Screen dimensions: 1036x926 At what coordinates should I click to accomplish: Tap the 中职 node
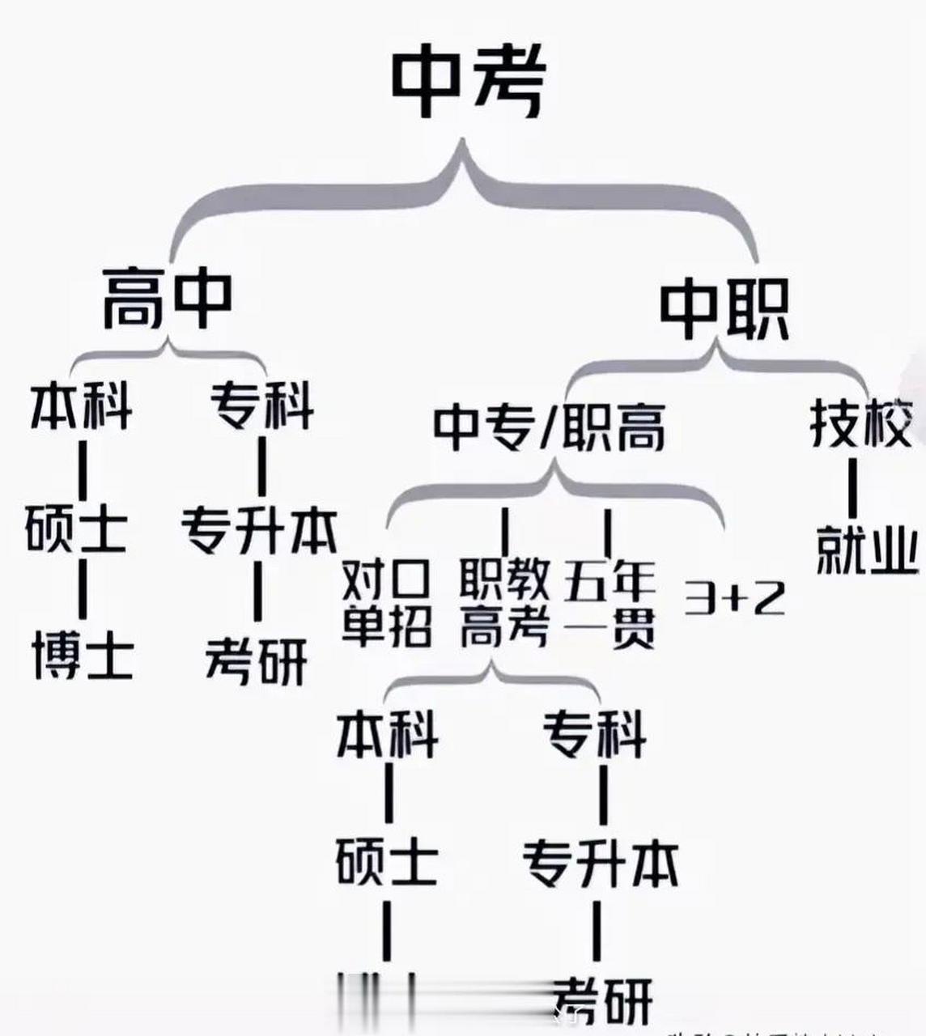click(x=723, y=311)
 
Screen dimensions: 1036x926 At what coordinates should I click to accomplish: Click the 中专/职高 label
click(x=549, y=427)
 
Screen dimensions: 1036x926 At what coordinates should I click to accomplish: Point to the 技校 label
click(x=861, y=422)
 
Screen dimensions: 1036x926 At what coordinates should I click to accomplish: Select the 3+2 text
click(x=734, y=599)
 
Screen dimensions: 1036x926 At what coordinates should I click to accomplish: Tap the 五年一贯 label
click(x=609, y=603)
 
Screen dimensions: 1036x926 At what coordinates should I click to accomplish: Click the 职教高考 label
click(x=504, y=603)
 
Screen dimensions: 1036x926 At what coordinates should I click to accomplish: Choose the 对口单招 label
click(x=387, y=603)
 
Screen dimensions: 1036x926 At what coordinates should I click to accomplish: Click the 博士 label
click(x=83, y=656)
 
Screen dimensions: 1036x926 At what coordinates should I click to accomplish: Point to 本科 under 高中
click(x=81, y=407)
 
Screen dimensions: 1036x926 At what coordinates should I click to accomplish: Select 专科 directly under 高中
click(x=261, y=405)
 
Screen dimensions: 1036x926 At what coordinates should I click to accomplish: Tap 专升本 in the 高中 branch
click(x=257, y=530)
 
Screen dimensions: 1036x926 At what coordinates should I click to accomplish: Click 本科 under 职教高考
click(x=387, y=734)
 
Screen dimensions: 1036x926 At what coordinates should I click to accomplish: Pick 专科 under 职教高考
click(x=595, y=734)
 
